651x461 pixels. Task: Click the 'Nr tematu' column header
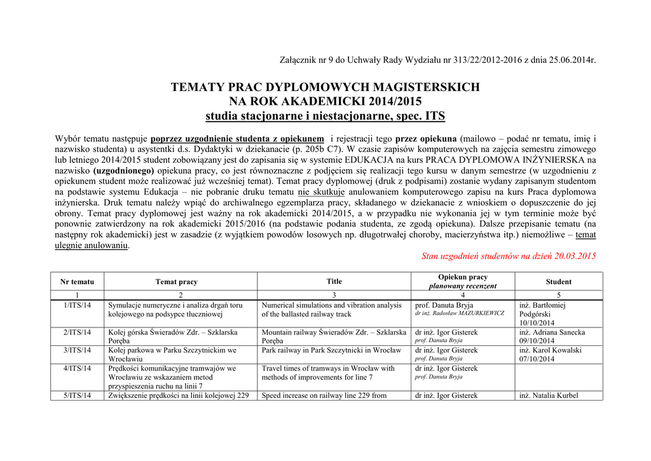click(77, 282)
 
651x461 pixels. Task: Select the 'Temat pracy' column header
click(176, 282)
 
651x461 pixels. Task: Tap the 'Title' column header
click(334, 281)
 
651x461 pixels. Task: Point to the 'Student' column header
click(558, 282)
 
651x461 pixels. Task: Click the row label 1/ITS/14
click(77, 305)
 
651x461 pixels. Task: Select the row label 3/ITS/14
click(77, 350)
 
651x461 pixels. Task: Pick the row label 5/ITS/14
click(77, 396)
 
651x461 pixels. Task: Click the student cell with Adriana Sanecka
click(552, 332)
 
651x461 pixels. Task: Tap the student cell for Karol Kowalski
click(550, 350)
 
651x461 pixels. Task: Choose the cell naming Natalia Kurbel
click(549, 396)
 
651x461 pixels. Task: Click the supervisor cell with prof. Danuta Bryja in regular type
click(444, 305)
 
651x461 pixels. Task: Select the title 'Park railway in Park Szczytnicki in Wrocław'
click(331, 350)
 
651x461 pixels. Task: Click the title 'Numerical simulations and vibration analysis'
click(332, 305)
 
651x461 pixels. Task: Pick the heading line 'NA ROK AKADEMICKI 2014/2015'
click(325, 101)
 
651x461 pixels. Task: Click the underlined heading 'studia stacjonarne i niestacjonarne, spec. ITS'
click(325, 116)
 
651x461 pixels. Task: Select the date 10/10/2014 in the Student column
click(537, 323)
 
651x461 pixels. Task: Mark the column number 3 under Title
click(334, 295)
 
